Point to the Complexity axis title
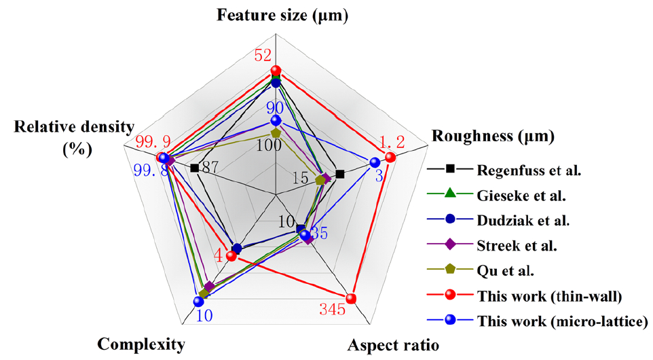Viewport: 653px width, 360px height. click(141, 344)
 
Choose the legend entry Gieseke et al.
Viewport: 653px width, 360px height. click(518, 195)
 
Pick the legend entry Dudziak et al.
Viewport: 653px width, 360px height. click(520, 220)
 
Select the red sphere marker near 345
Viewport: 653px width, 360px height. click(351, 298)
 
